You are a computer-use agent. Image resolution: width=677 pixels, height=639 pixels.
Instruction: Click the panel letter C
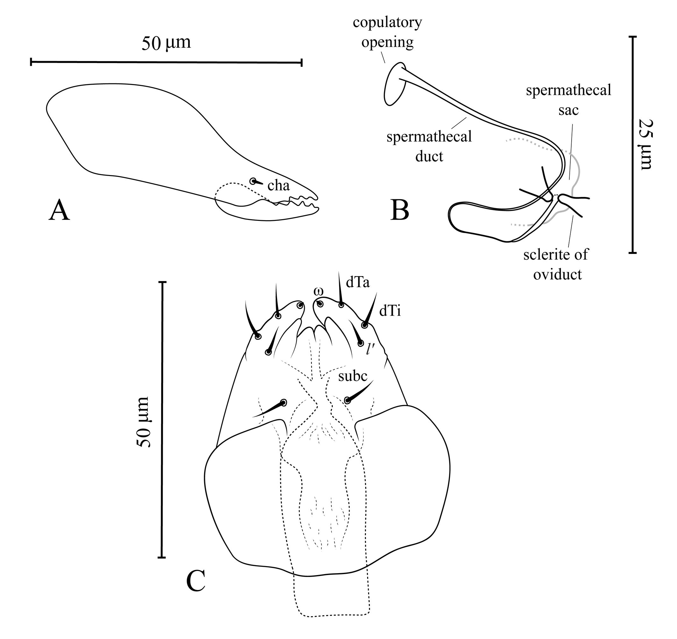coord(196,582)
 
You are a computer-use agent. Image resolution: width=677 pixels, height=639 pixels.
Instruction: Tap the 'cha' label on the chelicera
coord(279,186)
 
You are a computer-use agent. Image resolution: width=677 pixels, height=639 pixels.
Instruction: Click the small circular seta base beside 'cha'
coord(253,181)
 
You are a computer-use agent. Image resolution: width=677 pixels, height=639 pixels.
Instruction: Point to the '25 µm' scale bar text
coord(645,144)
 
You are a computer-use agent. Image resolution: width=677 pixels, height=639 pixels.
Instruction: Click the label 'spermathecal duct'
coord(429,146)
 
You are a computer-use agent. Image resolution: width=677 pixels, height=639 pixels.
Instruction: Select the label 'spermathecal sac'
coord(568,100)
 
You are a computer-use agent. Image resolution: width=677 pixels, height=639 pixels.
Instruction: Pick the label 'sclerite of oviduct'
coord(556,264)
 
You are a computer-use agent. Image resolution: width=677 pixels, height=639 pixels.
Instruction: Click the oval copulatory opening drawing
coord(395,84)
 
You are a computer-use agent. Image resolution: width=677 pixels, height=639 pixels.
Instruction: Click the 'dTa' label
coord(358,282)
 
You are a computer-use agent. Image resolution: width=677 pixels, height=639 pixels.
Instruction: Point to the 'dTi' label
coord(390,311)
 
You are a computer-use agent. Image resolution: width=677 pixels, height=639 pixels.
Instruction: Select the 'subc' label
coord(353,376)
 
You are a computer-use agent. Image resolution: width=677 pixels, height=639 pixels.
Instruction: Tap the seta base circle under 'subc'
coord(347,400)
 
